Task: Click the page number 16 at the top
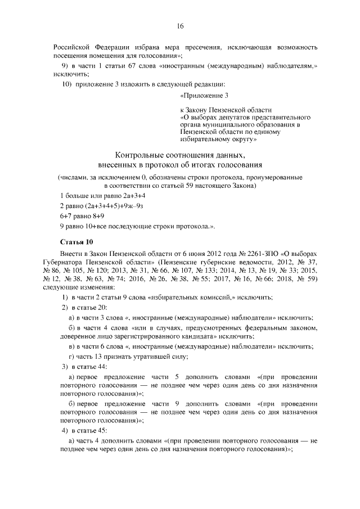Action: [180, 26]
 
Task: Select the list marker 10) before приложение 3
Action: [67, 84]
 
